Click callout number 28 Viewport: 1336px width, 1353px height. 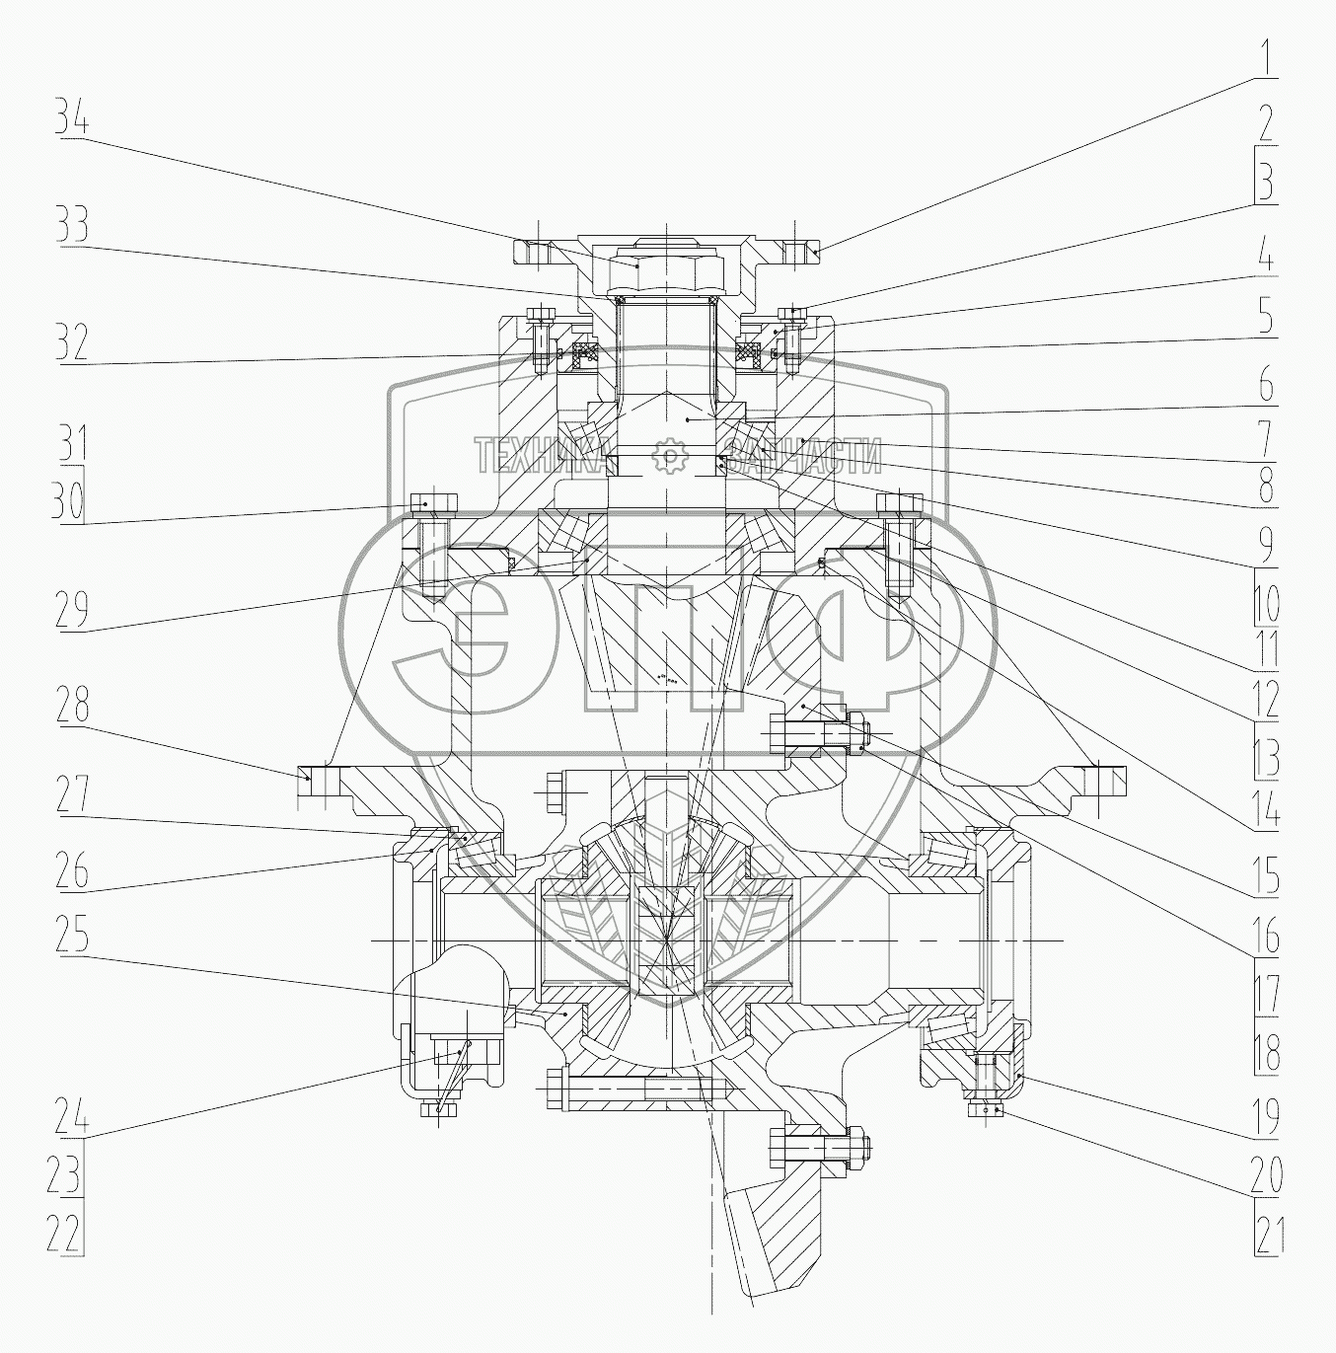[72, 704]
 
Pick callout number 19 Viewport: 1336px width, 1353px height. [1267, 1116]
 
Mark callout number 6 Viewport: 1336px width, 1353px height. [1266, 384]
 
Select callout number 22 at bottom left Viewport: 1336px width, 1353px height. [63, 1234]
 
